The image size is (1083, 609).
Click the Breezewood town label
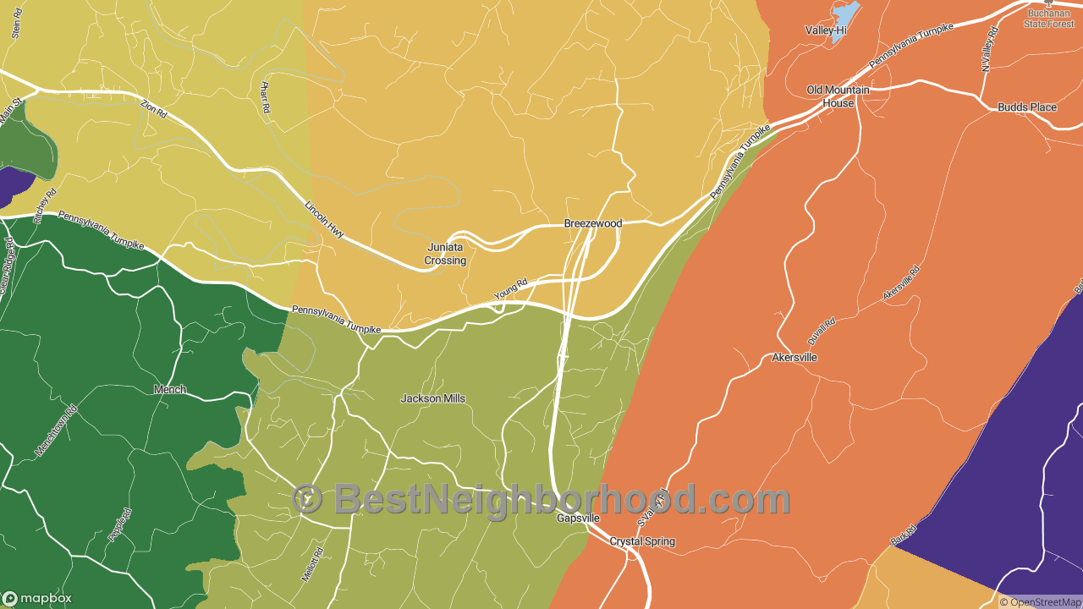point(593,223)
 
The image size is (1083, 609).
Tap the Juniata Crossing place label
point(445,254)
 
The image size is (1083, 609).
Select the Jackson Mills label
point(433,398)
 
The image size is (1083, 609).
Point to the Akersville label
point(794,357)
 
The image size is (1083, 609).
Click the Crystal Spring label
point(642,541)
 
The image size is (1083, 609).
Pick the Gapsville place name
point(578,518)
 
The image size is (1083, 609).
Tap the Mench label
point(169,390)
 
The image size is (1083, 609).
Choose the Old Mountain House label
point(838,96)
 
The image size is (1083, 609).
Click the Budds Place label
point(1027,107)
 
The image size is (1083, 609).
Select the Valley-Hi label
point(826,30)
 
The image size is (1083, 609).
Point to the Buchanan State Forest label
point(1049,18)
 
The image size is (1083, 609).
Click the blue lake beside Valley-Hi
point(846,14)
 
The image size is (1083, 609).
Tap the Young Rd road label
point(511,288)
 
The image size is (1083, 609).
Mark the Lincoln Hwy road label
point(324,218)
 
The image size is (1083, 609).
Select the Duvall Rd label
point(822,329)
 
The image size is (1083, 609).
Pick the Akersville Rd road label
point(901,283)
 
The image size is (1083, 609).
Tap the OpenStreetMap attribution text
point(1040,602)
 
